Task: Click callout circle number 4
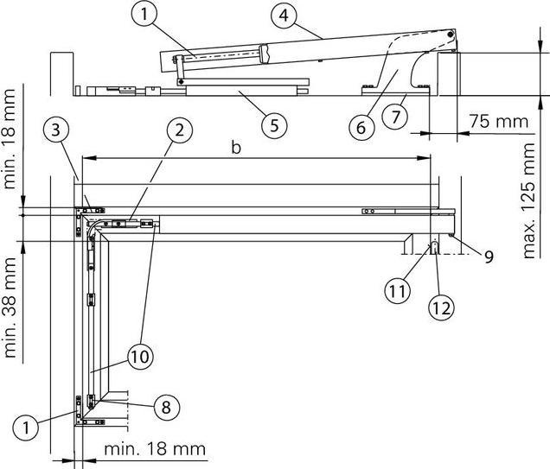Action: pos(281,16)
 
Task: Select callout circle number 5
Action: pos(273,124)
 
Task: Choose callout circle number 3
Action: pos(55,131)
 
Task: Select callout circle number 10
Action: pos(140,354)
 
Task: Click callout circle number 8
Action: pos(166,406)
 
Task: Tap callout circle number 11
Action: pos(398,292)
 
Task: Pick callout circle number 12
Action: pos(441,306)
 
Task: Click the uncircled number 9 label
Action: pos(489,257)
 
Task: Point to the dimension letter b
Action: pos(235,147)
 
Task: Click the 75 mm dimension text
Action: pos(498,121)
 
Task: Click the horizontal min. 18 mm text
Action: pos(154,448)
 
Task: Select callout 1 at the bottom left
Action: pos(28,426)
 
